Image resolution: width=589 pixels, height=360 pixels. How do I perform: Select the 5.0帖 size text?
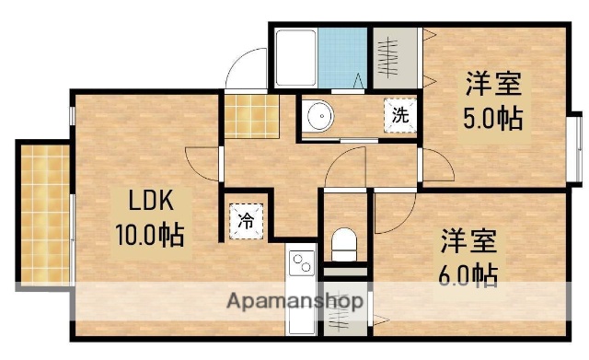click(x=492, y=118)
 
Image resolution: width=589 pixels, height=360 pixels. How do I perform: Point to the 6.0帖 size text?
click(x=467, y=273)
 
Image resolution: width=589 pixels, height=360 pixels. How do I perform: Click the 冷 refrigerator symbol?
click(x=246, y=220)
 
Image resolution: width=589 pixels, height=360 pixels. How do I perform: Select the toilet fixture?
click(x=344, y=244)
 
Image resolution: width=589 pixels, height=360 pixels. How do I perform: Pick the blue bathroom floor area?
click(x=341, y=57)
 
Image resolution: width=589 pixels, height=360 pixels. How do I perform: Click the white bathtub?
click(x=295, y=58)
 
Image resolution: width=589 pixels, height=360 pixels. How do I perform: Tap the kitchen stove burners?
click(x=301, y=265)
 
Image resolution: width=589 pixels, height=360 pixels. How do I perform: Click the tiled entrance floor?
click(x=250, y=115)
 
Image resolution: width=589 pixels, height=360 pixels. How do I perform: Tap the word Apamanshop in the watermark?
click(x=292, y=301)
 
